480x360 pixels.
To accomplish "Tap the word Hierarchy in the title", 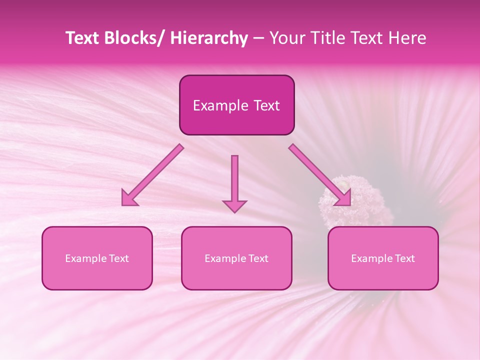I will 209,38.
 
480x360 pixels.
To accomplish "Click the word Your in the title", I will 285,38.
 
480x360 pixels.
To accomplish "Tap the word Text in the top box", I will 265,105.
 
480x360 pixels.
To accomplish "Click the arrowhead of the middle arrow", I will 234,205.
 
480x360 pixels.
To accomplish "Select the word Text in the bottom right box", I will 404,258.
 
